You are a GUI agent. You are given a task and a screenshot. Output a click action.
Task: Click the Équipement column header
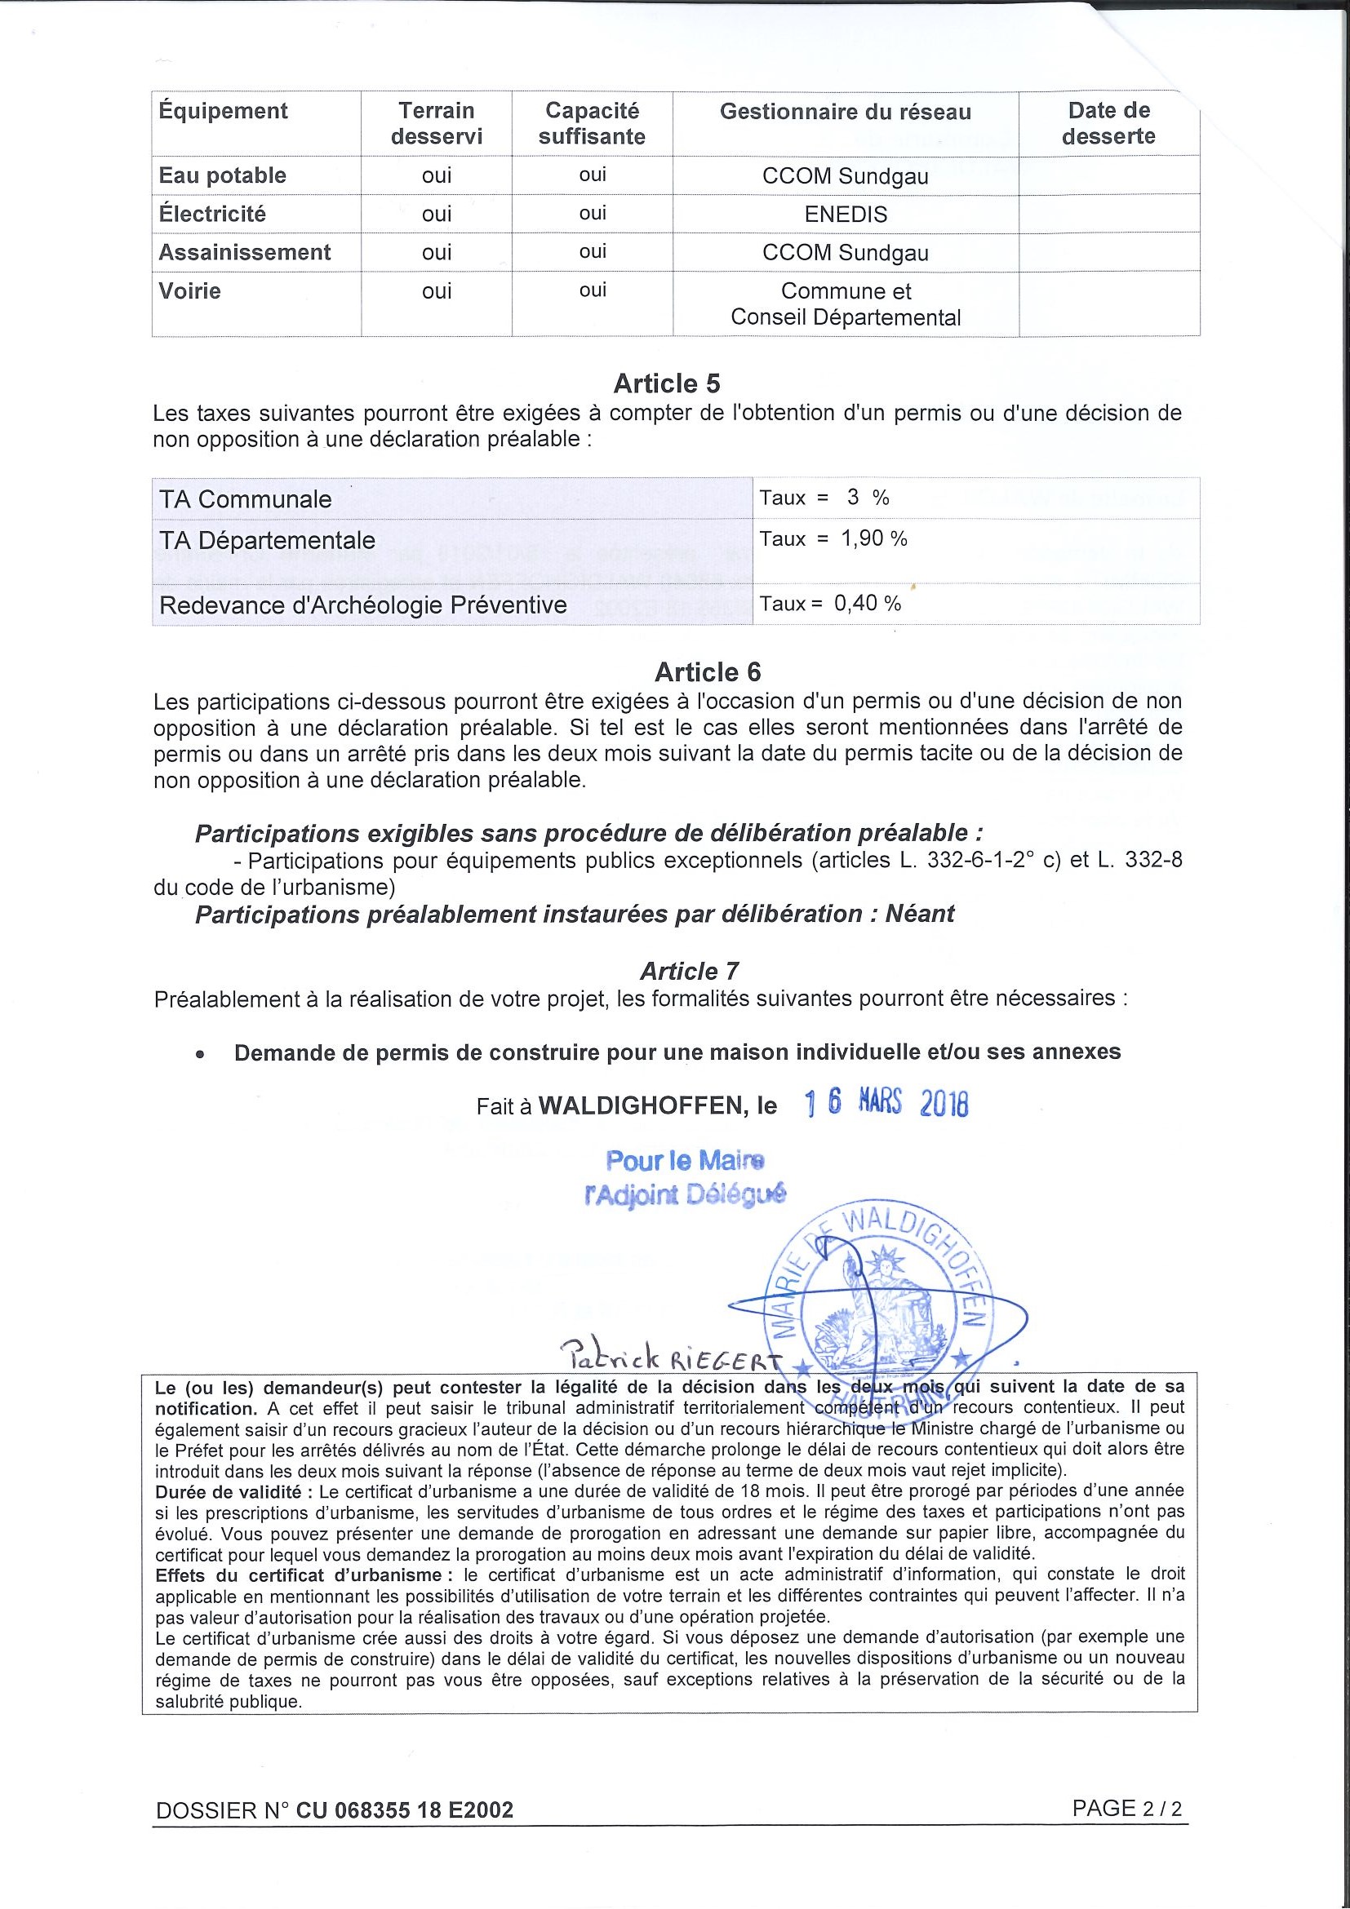point(223,112)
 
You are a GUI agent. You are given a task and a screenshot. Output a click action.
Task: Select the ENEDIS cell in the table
point(845,215)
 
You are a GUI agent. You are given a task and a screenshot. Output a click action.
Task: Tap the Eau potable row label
point(222,175)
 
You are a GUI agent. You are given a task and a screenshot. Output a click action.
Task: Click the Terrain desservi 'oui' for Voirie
point(436,291)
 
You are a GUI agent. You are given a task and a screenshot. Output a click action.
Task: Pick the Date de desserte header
point(1108,123)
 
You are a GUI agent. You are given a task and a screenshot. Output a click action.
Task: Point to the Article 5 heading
point(666,383)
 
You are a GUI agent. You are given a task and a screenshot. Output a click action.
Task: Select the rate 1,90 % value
point(873,538)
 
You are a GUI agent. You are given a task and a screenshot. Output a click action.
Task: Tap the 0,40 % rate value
point(868,604)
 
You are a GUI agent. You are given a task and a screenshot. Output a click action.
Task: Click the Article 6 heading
point(707,671)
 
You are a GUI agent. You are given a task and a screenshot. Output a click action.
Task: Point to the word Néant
point(919,914)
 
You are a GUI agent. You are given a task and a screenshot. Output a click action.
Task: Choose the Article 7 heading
point(689,971)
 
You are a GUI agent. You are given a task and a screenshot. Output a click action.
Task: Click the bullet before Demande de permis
point(200,1053)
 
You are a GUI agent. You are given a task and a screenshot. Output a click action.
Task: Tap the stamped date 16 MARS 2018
point(886,1104)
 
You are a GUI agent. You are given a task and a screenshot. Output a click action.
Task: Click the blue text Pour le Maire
point(685,1160)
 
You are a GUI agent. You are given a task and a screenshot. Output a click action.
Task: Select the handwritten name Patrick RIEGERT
point(669,1358)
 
